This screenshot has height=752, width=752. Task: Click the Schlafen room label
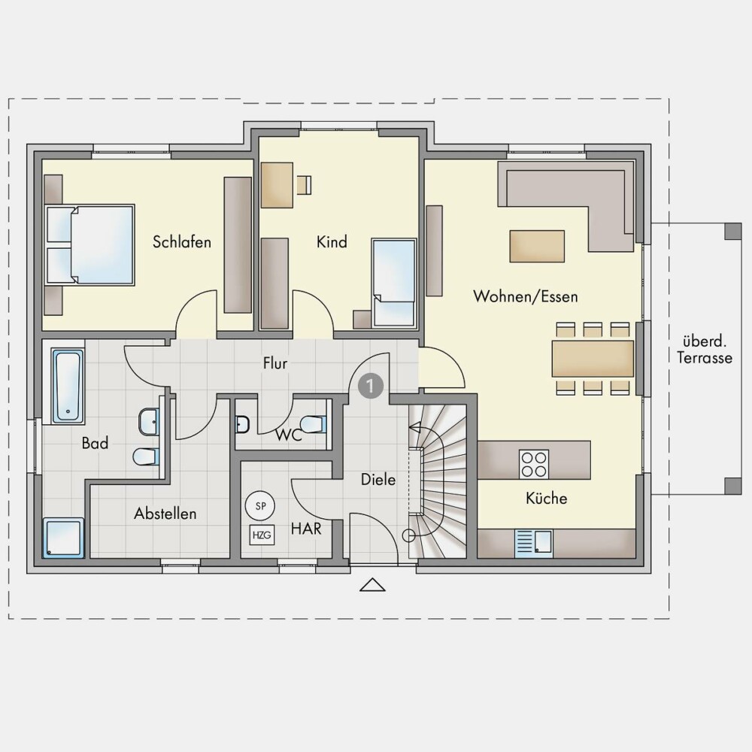182,241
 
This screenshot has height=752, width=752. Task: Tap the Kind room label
332,241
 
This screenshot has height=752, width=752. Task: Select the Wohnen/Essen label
525,296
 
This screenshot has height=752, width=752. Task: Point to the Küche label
546,499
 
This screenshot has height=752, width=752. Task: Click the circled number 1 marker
371,386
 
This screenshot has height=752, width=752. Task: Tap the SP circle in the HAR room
260,505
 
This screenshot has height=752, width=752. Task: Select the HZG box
262,535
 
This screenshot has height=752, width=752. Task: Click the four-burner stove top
534,464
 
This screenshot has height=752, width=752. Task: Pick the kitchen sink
533,544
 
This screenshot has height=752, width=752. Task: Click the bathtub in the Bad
68,387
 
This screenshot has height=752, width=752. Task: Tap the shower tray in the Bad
63,538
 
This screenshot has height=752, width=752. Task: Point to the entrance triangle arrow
373,585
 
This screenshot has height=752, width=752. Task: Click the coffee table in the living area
537,246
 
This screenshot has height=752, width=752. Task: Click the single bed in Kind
394,283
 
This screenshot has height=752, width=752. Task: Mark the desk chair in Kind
304,185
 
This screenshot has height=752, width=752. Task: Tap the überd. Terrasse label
705,350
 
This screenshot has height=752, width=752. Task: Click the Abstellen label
165,514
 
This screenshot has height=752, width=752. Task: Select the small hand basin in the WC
242,424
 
